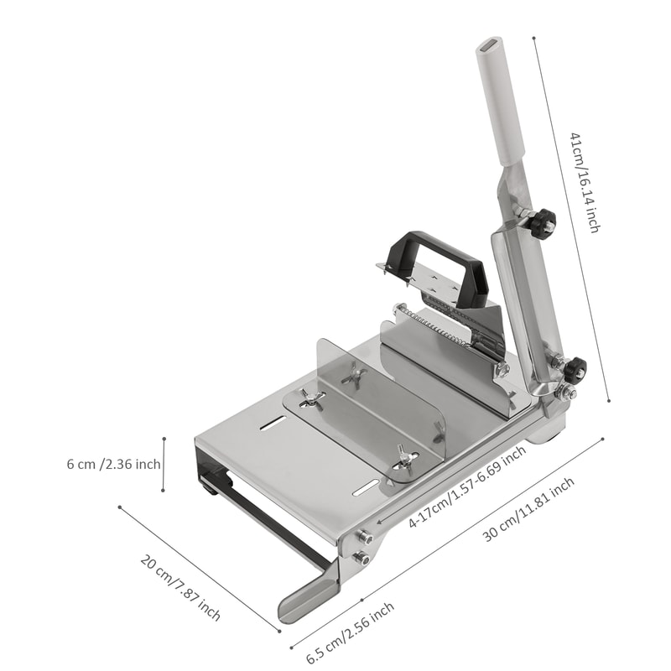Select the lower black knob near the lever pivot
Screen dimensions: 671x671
coord(575,368)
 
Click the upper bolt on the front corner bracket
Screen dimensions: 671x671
coord(366,535)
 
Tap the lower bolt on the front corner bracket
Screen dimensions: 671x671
coord(362,557)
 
